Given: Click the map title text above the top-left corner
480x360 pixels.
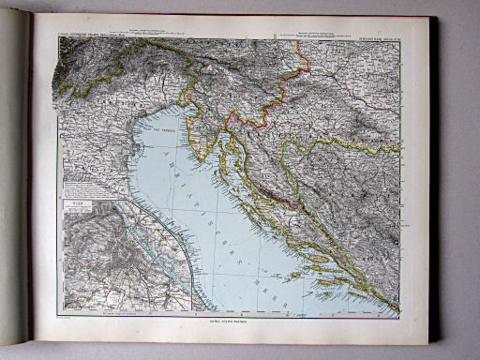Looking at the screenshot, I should pos(90,38).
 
